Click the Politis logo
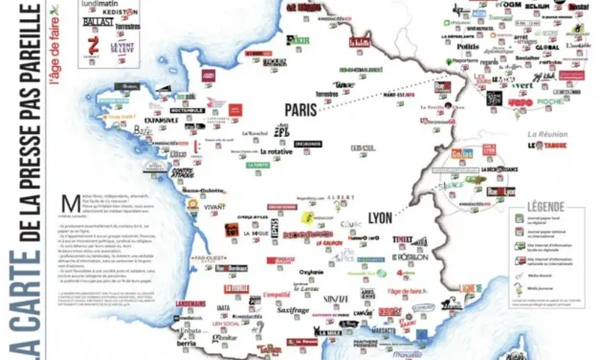coord(467,45)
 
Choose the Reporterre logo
coord(465,60)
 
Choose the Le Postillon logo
coord(410,257)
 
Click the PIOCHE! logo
coord(578,101)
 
